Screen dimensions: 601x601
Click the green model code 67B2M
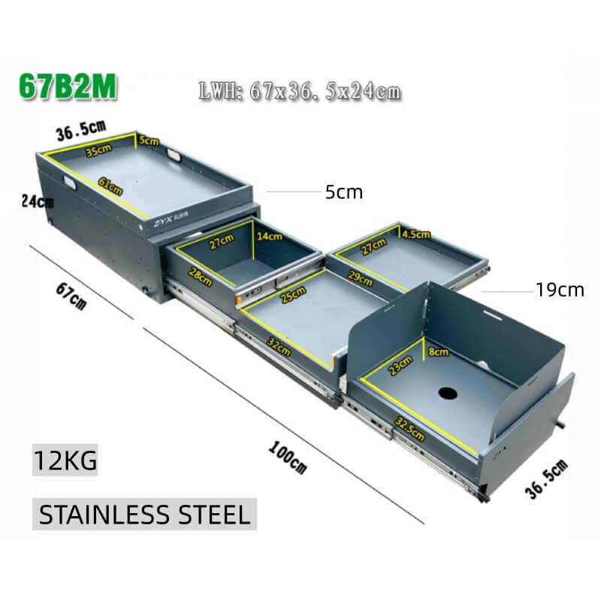68,86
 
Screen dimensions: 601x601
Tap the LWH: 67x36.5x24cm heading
300,92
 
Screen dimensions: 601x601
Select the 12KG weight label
65,460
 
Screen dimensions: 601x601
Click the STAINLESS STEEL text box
144,514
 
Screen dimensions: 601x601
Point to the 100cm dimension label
288,458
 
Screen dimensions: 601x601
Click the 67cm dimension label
71,296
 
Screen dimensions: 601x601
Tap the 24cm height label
38,201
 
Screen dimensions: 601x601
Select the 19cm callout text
560,290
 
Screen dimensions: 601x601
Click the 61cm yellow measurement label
110,186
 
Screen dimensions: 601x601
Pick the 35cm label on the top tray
98,150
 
